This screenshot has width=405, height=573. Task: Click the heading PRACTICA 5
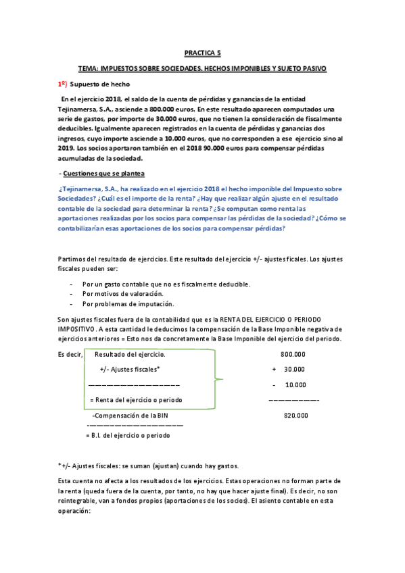(202, 52)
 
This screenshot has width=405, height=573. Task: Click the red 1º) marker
(62, 83)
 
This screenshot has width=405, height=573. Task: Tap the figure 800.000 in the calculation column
(292, 354)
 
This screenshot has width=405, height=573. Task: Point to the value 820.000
(295, 417)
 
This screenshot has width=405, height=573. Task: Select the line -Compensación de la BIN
(129, 416)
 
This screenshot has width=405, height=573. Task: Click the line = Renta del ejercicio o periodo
(135, 400)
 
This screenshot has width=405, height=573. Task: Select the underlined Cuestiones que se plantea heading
(99, 174)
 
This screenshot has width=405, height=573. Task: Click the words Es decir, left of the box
(70, 354)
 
